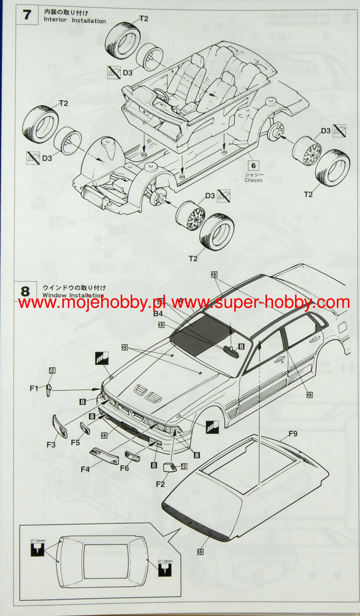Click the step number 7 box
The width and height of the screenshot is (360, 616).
(x=27, y=14)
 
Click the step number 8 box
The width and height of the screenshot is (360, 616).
(x=25, y=291)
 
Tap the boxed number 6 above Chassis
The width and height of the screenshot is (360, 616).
(x=253, y=166)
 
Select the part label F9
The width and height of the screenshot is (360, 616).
(x=293, y=434)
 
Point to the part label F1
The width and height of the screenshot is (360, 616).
(x=34, y=388)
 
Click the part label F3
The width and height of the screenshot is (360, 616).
(x=51, y=444)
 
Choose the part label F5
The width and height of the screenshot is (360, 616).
(x=75, y=443)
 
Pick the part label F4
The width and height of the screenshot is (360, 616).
(x=85, y=469)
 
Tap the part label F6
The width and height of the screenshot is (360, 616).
(x=124, y=468)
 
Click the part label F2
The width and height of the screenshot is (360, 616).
(x=160, y=484)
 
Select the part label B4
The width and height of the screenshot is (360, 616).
(x=158, y=314)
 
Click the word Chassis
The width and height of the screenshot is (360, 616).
(x=253, y=180)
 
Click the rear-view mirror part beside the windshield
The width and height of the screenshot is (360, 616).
(x=231, y=351)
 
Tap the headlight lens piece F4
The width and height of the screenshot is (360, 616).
(x=104, y=455)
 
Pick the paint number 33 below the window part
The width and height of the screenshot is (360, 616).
(x=200, y=552)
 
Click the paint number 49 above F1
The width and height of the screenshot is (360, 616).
(x=52, y=370)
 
